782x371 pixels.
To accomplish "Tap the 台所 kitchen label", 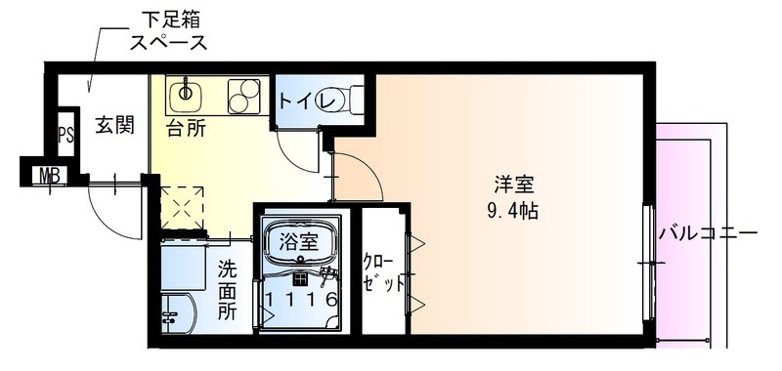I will click(x=185, y=128).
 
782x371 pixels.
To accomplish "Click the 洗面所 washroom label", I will click(x=227, y=289).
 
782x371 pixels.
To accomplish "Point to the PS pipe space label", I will click(x=65, y=135).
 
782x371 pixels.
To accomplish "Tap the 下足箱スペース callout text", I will click(x=169, y=30).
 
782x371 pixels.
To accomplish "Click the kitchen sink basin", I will click(x=185, y=95).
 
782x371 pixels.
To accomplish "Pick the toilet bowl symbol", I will click(x=351, y=99).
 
